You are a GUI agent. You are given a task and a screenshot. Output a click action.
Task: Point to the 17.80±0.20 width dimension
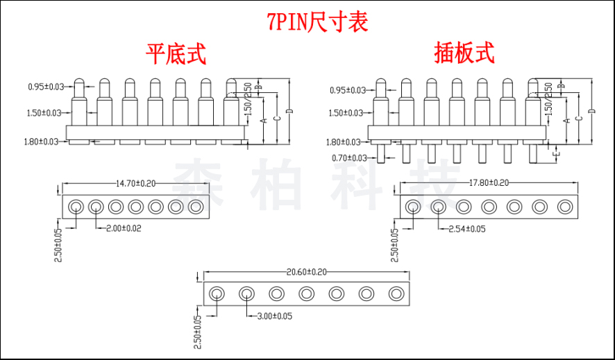489,183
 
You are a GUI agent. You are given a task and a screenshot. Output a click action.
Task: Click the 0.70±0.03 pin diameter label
347,158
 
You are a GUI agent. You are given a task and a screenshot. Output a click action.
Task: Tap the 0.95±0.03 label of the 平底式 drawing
46,87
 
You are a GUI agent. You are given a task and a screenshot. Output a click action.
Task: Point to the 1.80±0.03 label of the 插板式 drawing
347,142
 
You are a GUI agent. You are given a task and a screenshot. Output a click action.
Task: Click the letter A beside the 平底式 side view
263,119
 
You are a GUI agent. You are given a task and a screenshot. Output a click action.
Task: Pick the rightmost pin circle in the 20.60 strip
396,293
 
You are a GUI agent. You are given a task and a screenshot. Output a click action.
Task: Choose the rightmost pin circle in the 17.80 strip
565,205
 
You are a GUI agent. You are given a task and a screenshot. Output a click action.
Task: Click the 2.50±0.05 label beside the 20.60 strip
196,332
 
